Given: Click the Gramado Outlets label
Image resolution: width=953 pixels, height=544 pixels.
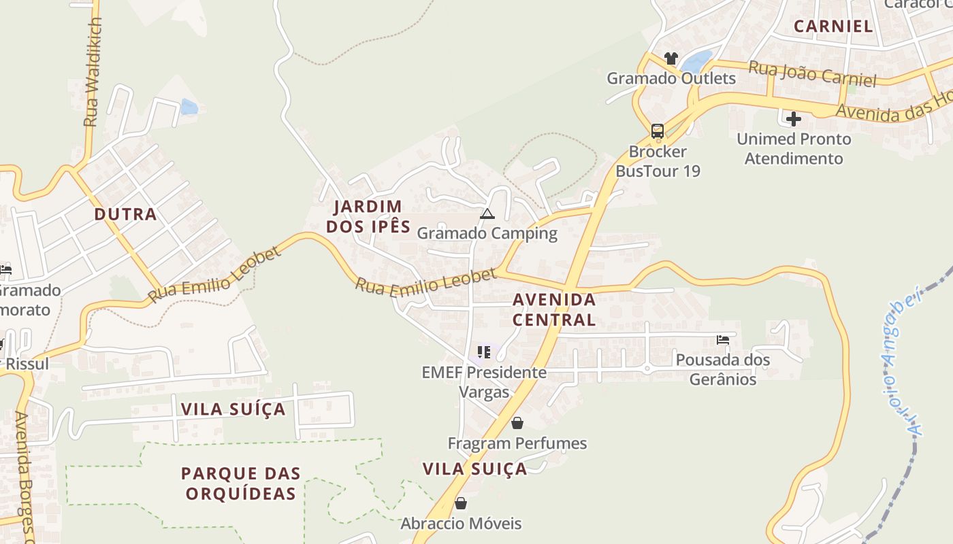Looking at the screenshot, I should [x=671, y=78].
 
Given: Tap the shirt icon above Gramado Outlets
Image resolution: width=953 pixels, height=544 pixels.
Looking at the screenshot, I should [x=671, y=58].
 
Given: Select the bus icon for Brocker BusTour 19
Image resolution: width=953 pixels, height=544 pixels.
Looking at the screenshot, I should [x=657, y=131].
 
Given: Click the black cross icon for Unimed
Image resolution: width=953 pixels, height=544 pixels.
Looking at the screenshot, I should [x=793, y=120].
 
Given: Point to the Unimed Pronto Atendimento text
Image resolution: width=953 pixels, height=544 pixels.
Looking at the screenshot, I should [x=794, y=149].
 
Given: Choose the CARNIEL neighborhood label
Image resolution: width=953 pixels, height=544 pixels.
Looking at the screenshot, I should [x=833, y=27].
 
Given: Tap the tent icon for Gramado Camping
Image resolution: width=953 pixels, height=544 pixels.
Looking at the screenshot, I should [x=487, y=214].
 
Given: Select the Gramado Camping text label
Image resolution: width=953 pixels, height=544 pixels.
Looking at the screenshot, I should [x=487, y=233].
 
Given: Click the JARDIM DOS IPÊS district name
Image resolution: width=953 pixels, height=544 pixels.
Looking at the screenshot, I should [x=368, y=216].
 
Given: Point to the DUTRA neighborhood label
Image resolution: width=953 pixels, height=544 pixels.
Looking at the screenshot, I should [x=125, y=214].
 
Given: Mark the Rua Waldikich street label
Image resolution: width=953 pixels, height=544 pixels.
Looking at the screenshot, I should [x=92, y=72].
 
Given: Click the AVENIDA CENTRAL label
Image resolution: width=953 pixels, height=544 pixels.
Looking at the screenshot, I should [x=554, y=309].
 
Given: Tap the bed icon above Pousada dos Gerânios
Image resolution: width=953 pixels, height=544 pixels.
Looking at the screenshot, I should [x=723, y=339].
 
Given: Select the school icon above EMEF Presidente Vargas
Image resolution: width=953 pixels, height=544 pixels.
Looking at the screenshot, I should [x=484, y=352].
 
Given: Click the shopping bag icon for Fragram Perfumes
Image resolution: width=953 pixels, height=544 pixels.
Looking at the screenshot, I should [x=517, y=423].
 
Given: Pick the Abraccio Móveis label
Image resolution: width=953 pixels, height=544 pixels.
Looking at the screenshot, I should [x=461, y=523].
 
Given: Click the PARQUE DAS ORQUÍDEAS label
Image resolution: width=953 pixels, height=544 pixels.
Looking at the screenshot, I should [x=241, y=483].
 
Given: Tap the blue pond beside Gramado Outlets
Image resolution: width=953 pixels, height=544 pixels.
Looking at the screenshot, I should [x=696, y=62].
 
